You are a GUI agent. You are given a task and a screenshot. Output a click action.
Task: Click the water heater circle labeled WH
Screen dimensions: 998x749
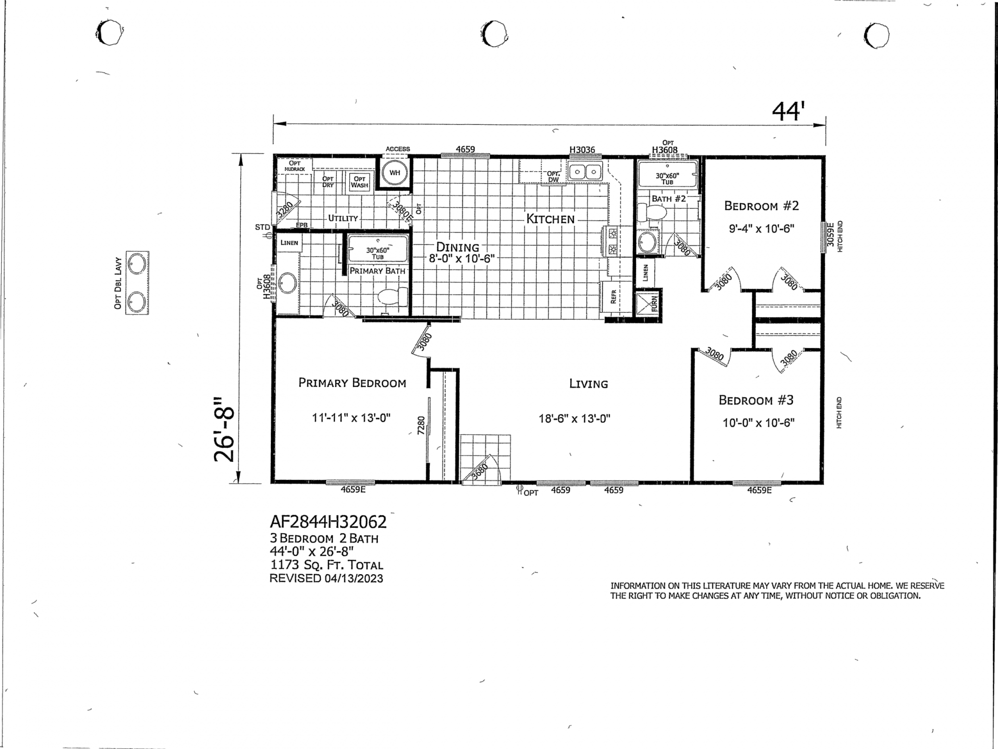point(395,173)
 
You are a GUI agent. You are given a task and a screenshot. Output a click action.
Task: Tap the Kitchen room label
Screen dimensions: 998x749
point(550,219)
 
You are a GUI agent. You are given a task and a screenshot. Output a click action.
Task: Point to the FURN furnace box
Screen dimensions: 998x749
point(648,304)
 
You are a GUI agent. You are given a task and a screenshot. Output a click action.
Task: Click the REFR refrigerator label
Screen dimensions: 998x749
point(613,297)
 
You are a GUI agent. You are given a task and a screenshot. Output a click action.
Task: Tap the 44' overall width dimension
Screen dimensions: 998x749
point(789,111)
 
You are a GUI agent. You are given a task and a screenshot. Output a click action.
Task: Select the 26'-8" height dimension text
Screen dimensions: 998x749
point(224,429)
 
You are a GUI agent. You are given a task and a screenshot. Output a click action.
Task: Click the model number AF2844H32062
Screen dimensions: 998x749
point(328,522)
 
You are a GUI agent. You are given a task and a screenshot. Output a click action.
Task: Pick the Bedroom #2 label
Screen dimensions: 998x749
point(761,206)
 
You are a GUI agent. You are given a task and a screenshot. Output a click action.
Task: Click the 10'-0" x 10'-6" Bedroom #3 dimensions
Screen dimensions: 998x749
point(758,423)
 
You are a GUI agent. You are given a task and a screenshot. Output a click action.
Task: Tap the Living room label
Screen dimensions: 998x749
point(589,384)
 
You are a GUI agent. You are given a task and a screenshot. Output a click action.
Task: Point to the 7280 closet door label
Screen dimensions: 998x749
point(421,425)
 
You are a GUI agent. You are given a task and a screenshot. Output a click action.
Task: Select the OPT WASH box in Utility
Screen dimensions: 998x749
point(359,182)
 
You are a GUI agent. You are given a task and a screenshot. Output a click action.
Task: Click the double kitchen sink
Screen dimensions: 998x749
point(586,172)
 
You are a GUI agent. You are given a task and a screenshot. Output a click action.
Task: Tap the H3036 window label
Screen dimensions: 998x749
point(582,150)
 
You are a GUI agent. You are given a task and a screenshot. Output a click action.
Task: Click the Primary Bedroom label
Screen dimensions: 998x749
point(352,383)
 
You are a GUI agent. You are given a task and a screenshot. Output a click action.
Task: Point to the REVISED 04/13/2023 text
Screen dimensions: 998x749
point(326,578)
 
